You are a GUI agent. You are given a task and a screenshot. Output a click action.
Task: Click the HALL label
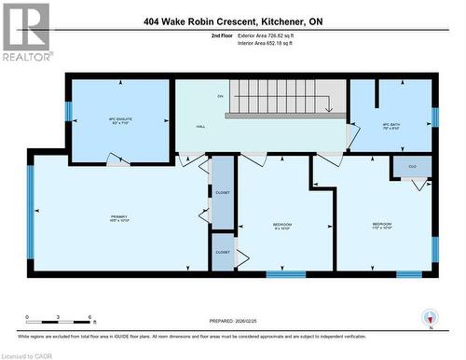coord(200,126)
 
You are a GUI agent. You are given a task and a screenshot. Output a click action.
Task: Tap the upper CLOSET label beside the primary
coord(223,192)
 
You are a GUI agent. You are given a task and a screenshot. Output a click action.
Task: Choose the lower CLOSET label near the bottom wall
coord(223,252)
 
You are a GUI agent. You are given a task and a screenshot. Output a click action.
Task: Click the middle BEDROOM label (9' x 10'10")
coord(282,226)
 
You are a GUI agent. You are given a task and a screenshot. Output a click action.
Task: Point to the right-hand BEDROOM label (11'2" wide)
coord(382,226)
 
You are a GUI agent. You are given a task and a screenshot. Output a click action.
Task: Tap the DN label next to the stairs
coord(220,96)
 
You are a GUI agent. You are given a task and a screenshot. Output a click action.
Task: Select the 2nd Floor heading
coord(223,35)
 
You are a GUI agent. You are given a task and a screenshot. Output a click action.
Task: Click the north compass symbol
coord(430,318)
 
